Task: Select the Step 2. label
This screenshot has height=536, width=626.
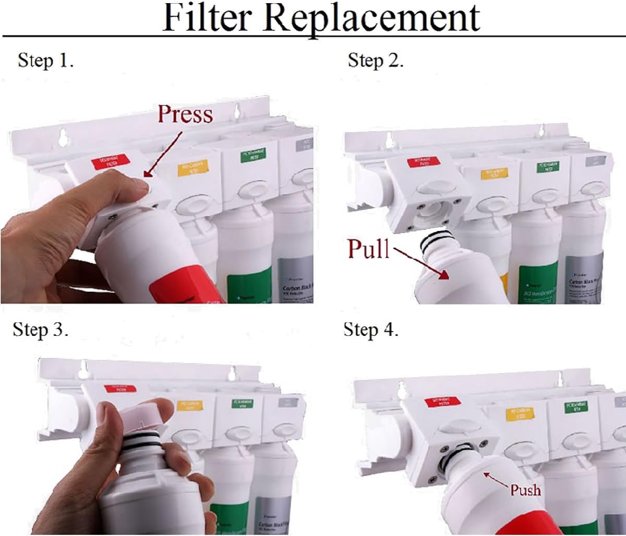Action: point(376,61)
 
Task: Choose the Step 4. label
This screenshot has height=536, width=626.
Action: point(371,330)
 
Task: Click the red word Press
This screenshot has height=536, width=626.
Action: point(185,114)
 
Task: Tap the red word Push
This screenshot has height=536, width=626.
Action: point(525,490)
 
